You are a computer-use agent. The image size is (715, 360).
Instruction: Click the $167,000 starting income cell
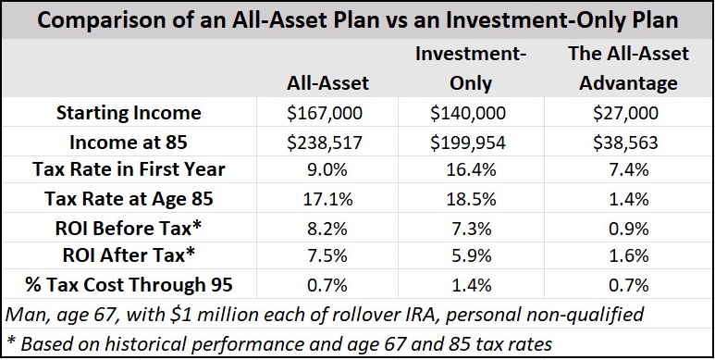329,113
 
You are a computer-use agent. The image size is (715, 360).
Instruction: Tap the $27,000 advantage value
623,113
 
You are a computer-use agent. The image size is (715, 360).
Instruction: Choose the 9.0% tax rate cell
329,170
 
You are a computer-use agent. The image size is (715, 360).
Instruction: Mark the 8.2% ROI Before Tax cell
329,227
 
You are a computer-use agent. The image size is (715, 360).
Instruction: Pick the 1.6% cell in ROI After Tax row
623,255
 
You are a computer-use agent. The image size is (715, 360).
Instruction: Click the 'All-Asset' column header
328,83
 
